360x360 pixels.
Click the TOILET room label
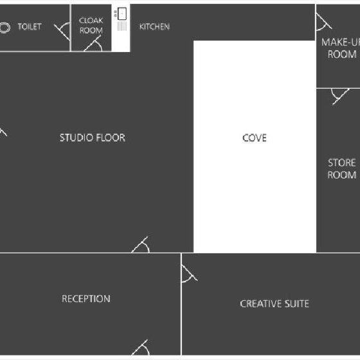coord(30,26)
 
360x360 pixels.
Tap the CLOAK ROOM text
coord(91,26)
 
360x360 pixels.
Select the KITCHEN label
coord(154,26)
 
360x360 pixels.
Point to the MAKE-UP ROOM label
coord(341,48)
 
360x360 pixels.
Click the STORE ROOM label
coord(342,168)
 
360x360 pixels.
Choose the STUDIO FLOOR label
coord(93,138)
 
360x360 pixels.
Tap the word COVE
coord(255,138)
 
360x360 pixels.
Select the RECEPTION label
coord(86,298)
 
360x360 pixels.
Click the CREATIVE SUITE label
coord(274,303)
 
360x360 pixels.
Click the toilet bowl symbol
coord(5,28)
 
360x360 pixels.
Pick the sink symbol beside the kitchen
coord(122,14)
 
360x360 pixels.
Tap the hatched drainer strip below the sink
coord(122,26)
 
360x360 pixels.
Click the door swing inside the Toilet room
coord(63,31)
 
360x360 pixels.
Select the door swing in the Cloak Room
coord(94,44)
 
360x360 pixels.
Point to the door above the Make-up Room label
coord(324,22)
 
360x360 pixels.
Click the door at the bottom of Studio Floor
coord(141,245)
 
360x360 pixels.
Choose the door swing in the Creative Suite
coord(189,273)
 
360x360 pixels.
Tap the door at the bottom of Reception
coord(141,348)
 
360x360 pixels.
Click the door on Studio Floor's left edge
coord(3,132)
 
